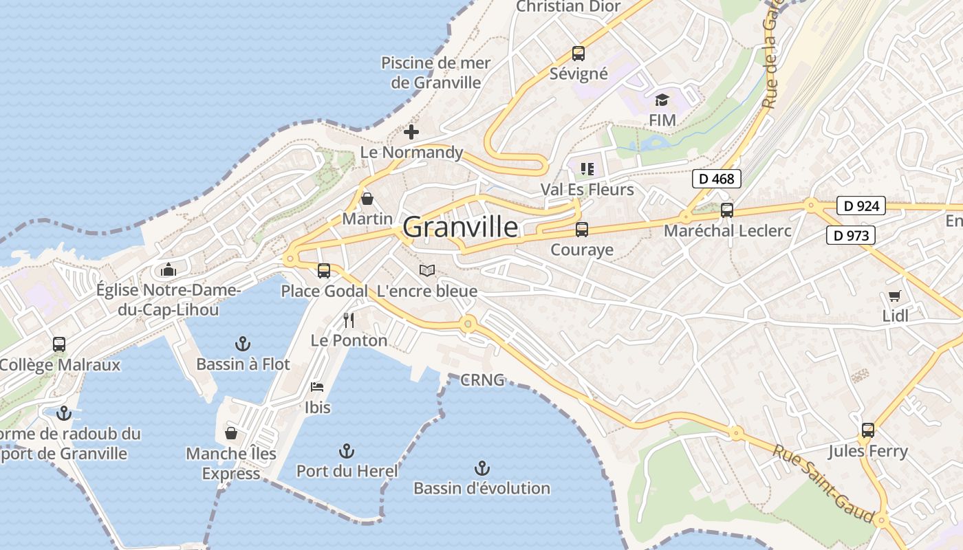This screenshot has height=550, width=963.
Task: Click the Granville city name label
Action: [x=460, y=227]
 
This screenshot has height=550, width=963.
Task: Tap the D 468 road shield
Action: [x=716, y=179]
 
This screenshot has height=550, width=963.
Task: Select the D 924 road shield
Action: [x=861, y=206]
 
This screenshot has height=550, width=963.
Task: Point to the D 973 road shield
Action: [x=850, y=236]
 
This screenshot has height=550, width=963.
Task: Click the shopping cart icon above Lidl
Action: [x=894, y=296]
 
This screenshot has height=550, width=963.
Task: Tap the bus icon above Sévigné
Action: [x=578, y=54]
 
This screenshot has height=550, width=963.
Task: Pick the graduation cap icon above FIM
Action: [x=662, y=100]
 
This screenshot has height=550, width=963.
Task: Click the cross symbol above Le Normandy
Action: [x=411, y=132]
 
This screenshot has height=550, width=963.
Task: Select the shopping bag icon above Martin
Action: [x=367, y=199]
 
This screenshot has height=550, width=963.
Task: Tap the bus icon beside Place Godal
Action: [x=324, y=271]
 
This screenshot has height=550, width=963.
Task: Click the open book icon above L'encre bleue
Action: [x=427, y=271]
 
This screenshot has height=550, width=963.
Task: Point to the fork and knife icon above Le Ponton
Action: [x=349, y=320]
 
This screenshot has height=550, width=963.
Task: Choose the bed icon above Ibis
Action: [x=317, y=387]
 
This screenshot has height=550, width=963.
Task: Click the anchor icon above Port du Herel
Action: [x=347, y=451]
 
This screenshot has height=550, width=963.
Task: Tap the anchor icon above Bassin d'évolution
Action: [x=481, y=469]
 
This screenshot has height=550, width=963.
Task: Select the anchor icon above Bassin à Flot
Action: [x=243, y=344]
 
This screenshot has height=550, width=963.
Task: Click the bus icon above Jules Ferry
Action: [x=868, y=430]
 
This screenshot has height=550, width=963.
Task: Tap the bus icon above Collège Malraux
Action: [x=59, y=344]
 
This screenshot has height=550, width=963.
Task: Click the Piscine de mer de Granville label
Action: [x=436, y=73]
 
